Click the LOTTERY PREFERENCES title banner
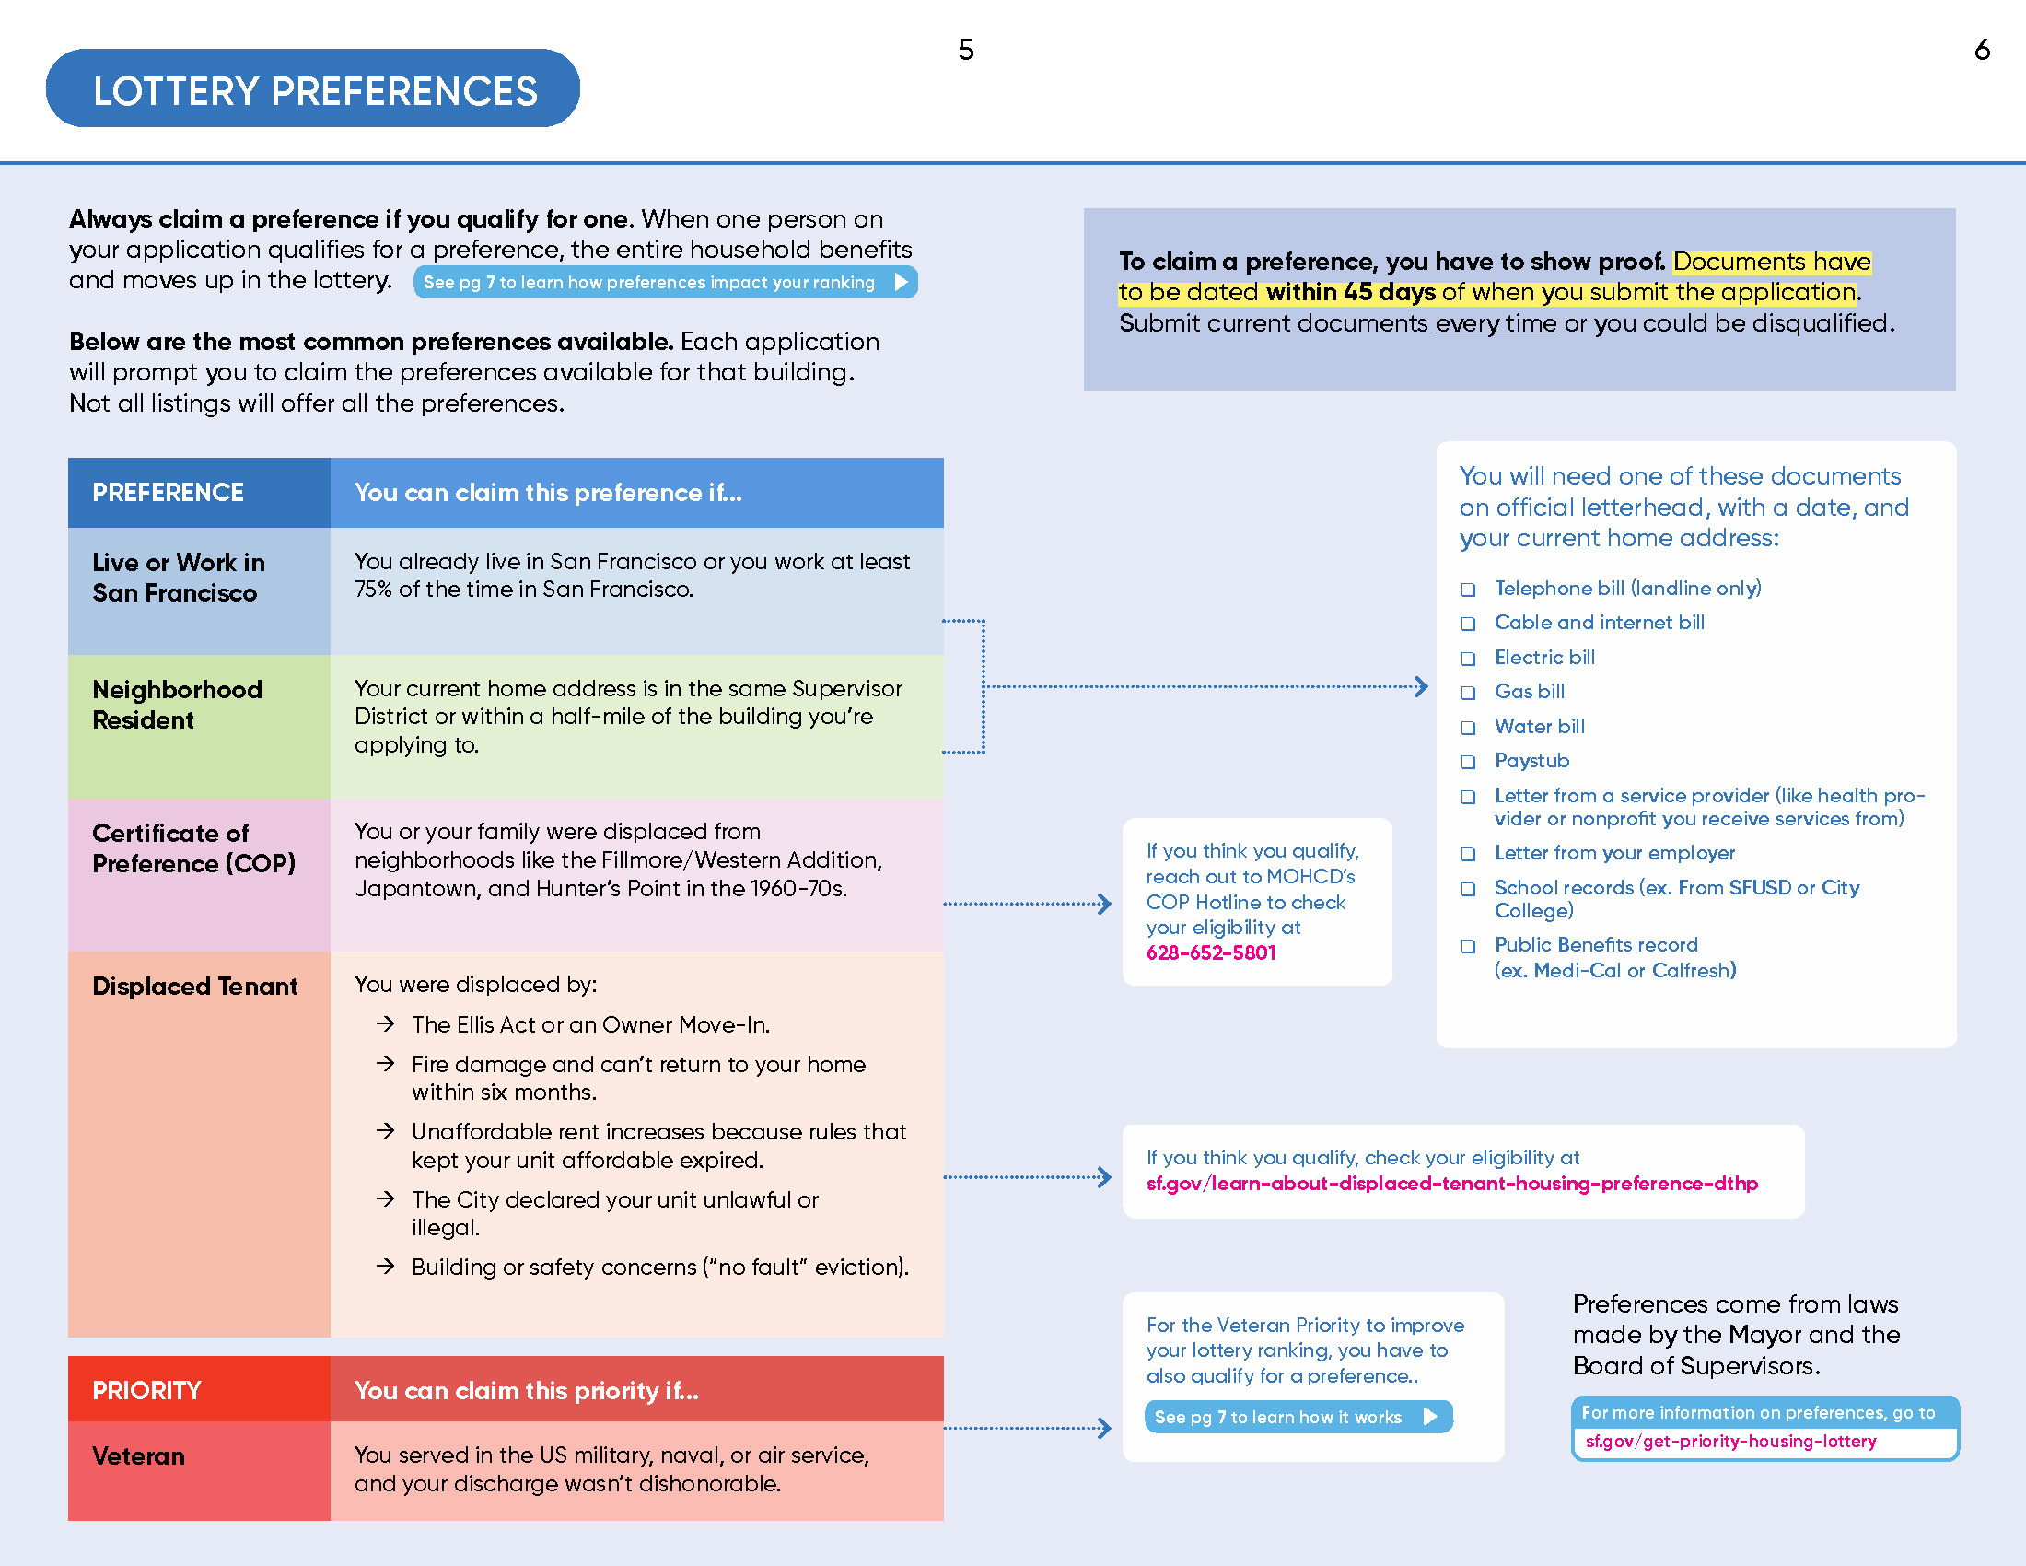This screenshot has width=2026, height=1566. click(x=313, y=90)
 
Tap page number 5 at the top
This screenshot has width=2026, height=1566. click(x=966, y=50)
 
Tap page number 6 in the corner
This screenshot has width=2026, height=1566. click(x=1982, y=50)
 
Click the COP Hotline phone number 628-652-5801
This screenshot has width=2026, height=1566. click(x=1211, y=952)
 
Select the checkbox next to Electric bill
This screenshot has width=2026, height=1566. click(x=1468, y=659)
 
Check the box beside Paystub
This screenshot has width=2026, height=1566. click(x=1468, y=762)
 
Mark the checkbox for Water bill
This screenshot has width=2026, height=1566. click(x=1468, y=728)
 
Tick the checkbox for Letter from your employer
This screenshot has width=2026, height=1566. click(x=1468, y=854)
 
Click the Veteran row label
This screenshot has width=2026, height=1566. click(x=138, y=1455)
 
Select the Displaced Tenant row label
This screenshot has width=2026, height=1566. click(x=195, y=987)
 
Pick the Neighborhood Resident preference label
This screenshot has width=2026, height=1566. click(x=176, y=704)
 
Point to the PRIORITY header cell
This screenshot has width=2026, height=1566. click(x=146, y=1390)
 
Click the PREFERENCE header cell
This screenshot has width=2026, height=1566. click(x=168, y=493)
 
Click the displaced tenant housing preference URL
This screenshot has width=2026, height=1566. click(x=1451, y=1184)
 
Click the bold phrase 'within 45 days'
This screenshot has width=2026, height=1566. click(x=1352, y=292)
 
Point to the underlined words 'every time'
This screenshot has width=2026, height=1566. click(x=1496, y=322)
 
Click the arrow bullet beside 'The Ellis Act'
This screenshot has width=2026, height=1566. click(x=386, y=1024)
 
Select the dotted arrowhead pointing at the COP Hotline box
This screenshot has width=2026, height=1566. click(x=1104, y=904)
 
